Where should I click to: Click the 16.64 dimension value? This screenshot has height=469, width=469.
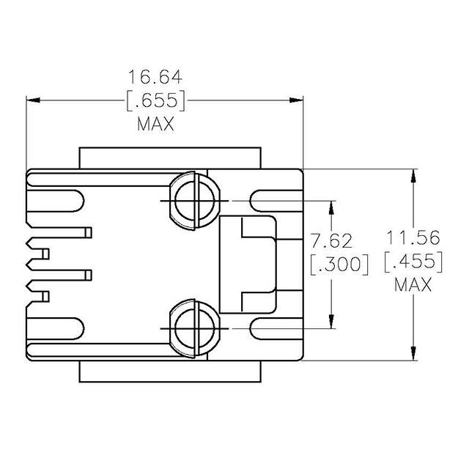click(155, 76)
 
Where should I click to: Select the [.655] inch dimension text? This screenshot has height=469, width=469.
click(155, 100)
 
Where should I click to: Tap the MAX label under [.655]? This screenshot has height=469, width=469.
click(155, 124)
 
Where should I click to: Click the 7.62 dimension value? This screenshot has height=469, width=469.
click(332, 240)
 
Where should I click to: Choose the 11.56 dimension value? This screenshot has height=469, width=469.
click(414, 237)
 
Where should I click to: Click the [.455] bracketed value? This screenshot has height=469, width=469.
click(414, 261)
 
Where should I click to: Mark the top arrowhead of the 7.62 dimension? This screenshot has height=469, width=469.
click(332, 207)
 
